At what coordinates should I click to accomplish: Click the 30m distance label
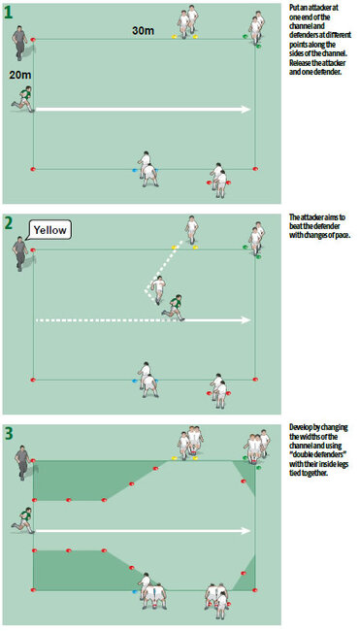click(x=143, y=31)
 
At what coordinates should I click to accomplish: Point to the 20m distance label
click(x=19, y=75)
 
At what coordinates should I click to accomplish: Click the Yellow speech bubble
click(x=49, y=230)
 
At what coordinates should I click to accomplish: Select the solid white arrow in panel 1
click(x=146, y=109)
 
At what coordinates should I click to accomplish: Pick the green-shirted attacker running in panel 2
click(x=174, y=305)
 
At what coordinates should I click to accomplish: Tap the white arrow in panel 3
click(x=146, y=531)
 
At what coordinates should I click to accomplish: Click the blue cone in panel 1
click(x=135, y=170)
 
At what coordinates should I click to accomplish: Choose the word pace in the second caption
click(x=340, y=235)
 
